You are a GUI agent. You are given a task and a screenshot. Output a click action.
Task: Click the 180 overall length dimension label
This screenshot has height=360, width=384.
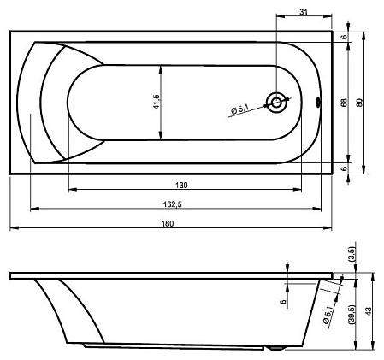[x=168, y=224]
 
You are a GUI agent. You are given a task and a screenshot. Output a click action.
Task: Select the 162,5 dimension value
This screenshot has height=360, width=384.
[x=173, y=204]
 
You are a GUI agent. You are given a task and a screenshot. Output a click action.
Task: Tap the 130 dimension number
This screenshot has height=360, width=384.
[x=181, y=186]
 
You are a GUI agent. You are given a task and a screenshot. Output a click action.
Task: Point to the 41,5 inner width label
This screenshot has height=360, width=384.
[x=157, y=102]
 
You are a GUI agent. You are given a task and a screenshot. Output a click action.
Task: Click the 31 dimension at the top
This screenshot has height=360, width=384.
[x=304, y=12]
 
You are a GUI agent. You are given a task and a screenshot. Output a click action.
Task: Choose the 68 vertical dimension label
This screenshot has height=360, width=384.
[x=345, y=103]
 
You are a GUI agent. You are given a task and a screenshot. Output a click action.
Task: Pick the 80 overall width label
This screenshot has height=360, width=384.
[x=359, y=103]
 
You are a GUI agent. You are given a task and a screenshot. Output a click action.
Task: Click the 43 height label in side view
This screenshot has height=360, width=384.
[x=369, y=311]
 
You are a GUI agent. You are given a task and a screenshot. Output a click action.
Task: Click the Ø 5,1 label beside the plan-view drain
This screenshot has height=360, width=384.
[x=240, y=109]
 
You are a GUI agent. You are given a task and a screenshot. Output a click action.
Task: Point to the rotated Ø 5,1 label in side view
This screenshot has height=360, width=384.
[x=328, y=315]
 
